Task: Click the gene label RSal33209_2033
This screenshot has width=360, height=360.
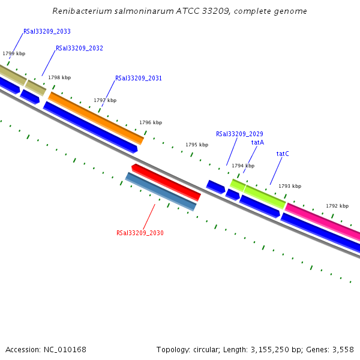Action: pos(47,31)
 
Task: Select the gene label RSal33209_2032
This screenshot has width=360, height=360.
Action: pos(79,48)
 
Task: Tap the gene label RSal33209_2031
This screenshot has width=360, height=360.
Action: pos(139,78)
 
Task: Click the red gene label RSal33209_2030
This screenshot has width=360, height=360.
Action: pos(140,233)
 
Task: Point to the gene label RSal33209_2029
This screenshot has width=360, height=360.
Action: pos(239,134)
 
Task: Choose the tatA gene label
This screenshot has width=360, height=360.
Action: pos(257,142)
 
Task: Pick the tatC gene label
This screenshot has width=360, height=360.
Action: pos(283,154)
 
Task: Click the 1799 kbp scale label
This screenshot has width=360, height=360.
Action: pos(14,53)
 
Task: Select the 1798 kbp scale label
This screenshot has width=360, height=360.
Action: pos(59,77)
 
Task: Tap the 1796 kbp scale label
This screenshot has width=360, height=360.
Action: pos(151,122)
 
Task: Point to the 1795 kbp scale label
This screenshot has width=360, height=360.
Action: pos(197,145)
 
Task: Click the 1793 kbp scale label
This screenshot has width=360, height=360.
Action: pos(290,186)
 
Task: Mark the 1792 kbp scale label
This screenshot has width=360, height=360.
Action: pos(337,206)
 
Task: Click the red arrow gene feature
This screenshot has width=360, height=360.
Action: pos(166,182)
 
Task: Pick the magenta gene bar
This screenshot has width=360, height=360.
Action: pos(323,221)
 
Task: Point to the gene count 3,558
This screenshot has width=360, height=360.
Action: pos(342,349)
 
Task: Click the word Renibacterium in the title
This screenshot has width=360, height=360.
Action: pos(78,11)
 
